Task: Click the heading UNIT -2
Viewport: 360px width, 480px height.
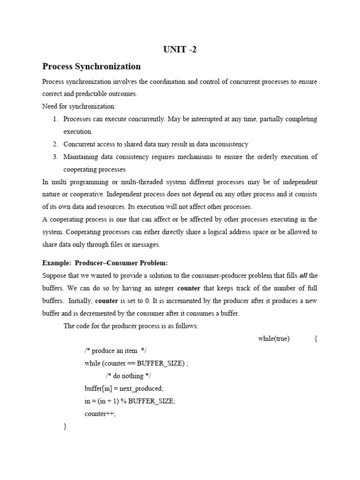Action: coord(180,50)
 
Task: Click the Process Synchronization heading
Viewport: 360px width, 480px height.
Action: coord(91,67)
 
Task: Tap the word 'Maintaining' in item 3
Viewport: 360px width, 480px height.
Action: coord(81,157)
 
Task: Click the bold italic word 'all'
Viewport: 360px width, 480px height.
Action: coord(303,276)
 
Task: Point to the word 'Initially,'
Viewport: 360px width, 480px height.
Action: coord(80,301)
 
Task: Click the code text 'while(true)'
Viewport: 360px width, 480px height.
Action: coord(274,339)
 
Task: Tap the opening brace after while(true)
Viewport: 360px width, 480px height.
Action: coord(316,339)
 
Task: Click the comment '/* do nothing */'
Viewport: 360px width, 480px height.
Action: coord(128,376)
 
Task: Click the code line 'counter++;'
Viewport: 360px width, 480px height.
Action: coord(100,414)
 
